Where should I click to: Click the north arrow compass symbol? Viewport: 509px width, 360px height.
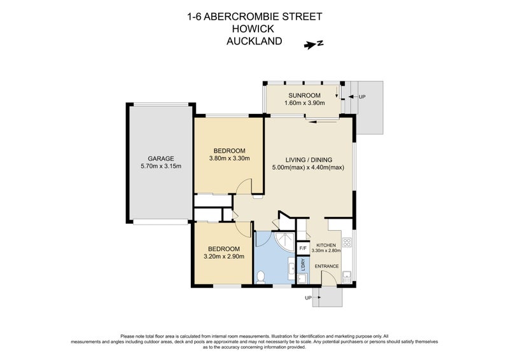click(314, 44)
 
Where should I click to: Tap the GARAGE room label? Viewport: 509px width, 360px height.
click(160, 158)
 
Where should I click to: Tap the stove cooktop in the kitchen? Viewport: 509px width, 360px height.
click(347, 242)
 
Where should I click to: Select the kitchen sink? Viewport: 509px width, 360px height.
click(347, 275)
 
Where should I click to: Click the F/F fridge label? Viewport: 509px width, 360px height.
click(303, 247)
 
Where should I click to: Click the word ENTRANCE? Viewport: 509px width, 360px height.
click(326, 266)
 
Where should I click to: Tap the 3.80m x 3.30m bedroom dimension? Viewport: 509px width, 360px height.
click(229, 159)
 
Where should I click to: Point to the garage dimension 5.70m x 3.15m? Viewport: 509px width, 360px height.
click(160, 167)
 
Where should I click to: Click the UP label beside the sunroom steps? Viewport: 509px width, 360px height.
click(362, 97)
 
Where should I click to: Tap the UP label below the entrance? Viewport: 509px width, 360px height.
click(308, 298)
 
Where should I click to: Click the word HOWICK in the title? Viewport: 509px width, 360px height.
click(254, 29)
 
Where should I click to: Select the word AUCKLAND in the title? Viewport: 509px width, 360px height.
click(254, 41)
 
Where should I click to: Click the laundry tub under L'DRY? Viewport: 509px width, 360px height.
click(303, 277)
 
